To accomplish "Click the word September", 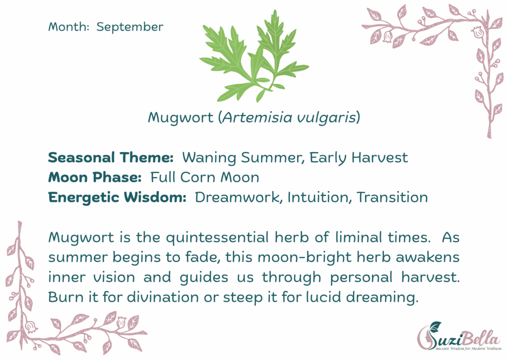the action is tap(130, 27).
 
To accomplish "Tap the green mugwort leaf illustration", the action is tap(254, 57).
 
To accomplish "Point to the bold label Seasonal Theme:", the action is tap(111, 158).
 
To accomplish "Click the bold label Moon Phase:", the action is tap(95, 178).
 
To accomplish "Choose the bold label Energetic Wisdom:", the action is tap(117, 198).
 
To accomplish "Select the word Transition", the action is tap(392, 197).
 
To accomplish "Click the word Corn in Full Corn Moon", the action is tap(197, 178).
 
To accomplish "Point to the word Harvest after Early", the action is tap(380, 158).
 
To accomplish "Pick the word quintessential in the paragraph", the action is tap(217, 238).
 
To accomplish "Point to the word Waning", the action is tap(209, 158).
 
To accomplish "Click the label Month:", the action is tap(68, 27).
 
